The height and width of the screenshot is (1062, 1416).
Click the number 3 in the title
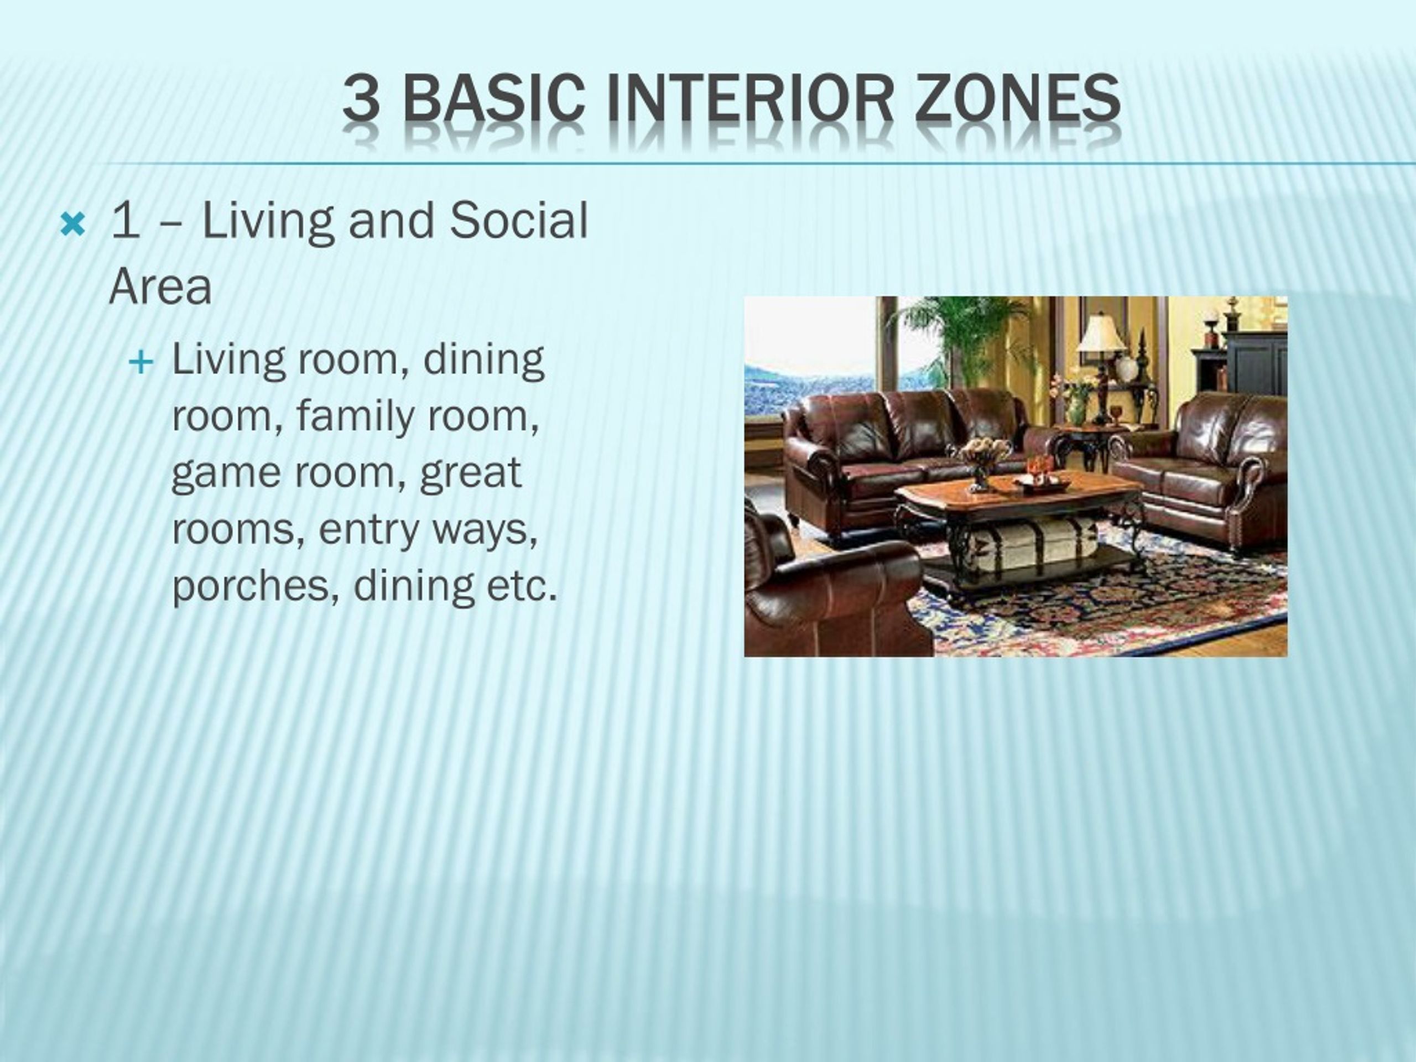pos(361,98)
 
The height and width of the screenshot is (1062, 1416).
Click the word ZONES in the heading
pos(1017,98)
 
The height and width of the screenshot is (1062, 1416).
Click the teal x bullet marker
pos(72,225)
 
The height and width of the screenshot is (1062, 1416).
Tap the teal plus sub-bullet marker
pos(141,363)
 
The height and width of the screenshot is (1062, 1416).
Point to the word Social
pos(518,220)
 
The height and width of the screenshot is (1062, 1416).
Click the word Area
pos(160,288)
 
